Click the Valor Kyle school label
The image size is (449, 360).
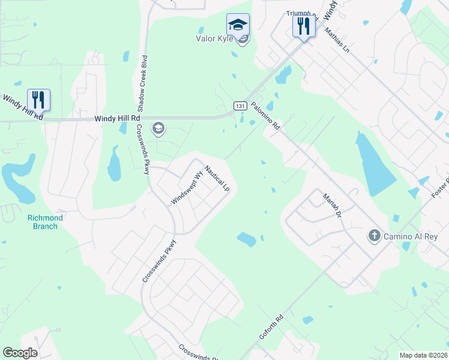click(x=212, y=39)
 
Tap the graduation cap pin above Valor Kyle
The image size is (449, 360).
click(x=238, y=26)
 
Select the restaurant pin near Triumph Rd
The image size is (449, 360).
click(x=304, y=26)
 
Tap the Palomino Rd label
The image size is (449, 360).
click(x=266, y=116)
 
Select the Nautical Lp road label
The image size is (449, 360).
click(x=217, y=178)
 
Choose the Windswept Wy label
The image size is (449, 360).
click(x=187, y=188)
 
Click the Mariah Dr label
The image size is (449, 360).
click(x=331, y=205)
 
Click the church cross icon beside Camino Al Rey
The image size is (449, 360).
click(x=375, y=236)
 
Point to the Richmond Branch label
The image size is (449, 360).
click(x=45, y=222)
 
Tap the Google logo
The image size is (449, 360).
click(x=20, y=353)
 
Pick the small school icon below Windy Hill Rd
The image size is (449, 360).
click(x=158, y=128)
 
